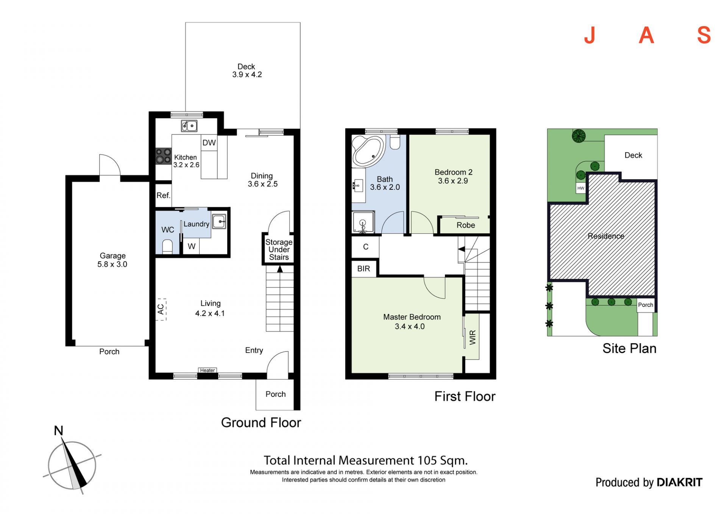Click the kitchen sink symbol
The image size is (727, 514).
(x=189, y=125)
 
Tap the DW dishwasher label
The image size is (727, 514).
(x=209, y=143)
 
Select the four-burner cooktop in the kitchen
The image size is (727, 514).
(x=164, y=156)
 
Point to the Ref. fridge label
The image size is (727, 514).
(x=164, y=195)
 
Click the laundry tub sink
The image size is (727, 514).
(x=219, y=221)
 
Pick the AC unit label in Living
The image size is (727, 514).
(x=161, y=309)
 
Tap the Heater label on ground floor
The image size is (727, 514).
(x=207, y=370)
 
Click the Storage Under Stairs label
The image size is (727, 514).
(x=279, y=250)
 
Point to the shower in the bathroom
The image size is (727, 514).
(x=363, y=222)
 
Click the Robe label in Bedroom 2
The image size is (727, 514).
(x=466, y=225)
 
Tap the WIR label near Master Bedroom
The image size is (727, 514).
(x=473, y=337)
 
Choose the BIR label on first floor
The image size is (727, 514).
(x=363, y=269)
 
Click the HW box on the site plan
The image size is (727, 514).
(x=581, y=188)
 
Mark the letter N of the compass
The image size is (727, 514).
(x=59, y=431)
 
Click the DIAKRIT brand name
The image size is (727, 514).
(x=680, y=482)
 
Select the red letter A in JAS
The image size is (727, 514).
(x=646, y=35)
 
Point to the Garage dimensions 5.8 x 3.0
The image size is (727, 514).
(x=112, y=264)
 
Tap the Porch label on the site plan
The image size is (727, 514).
(x=646, y=305)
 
